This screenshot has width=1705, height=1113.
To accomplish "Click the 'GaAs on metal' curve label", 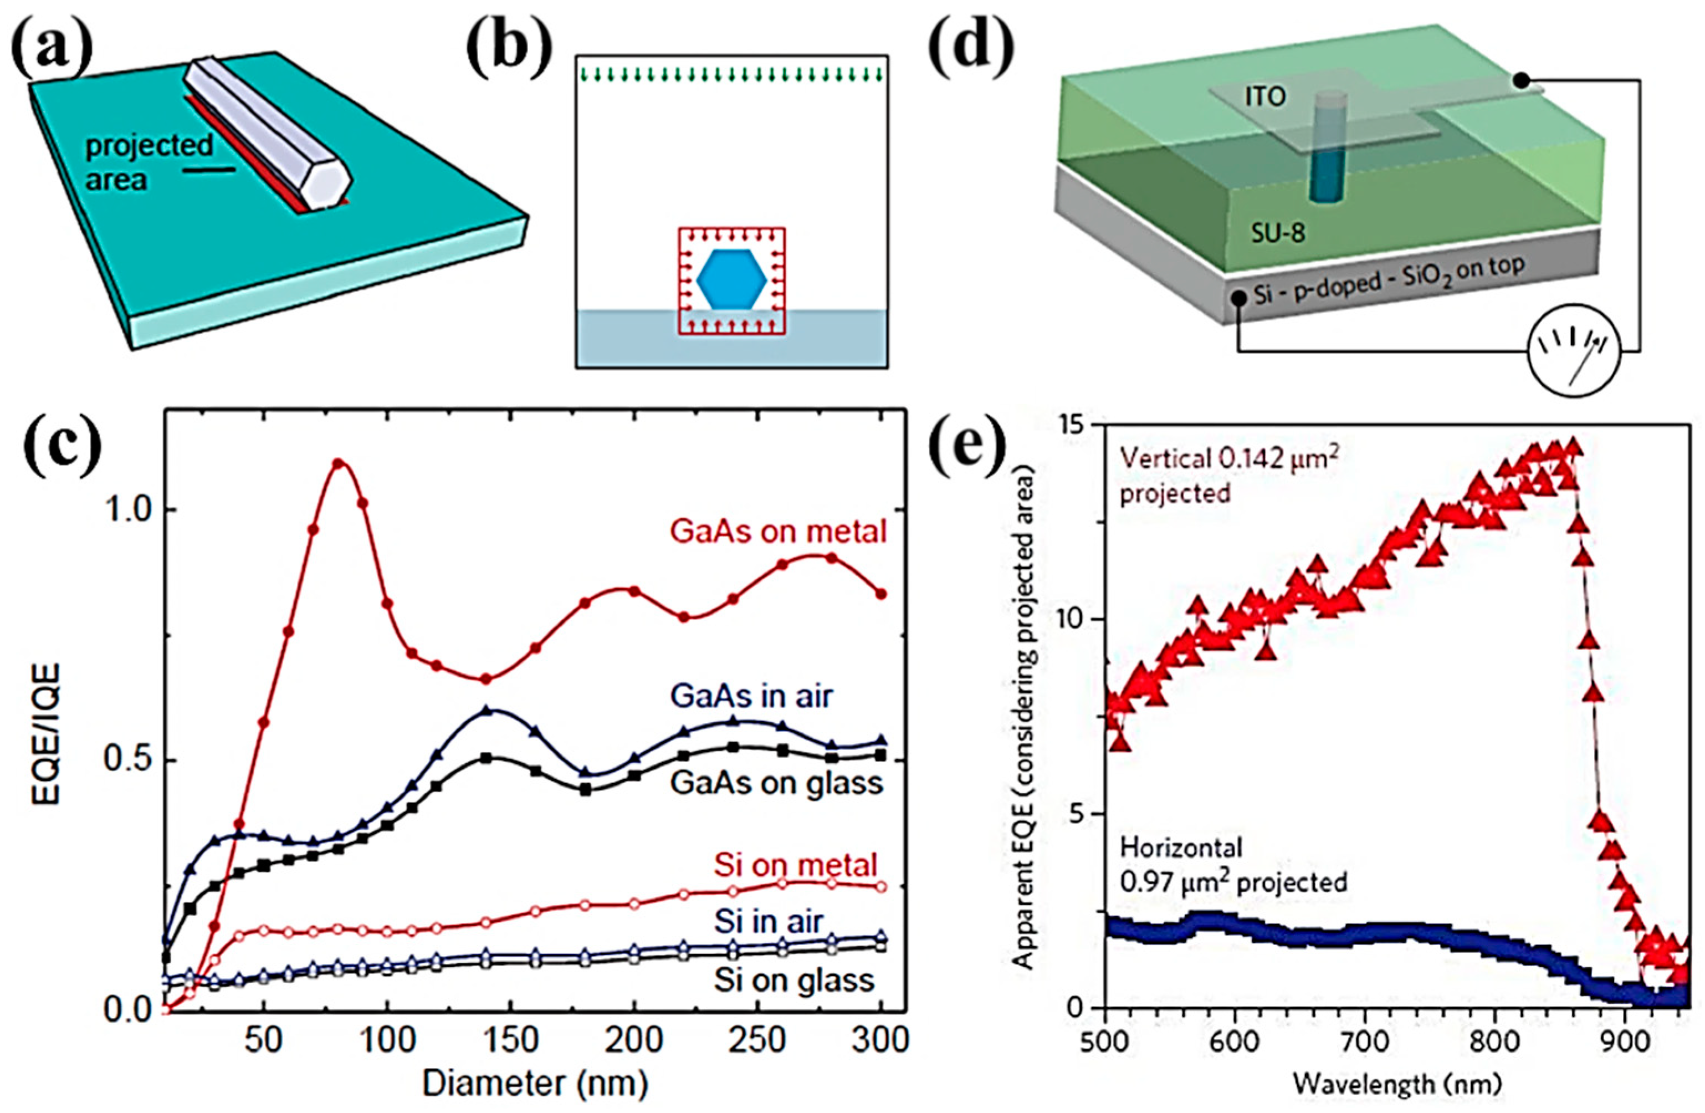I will (778, 532).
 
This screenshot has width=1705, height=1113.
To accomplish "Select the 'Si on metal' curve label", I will (796, 865).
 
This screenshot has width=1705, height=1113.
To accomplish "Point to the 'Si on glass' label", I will (793, 980).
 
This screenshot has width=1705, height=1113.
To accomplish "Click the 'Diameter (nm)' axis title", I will (535, 1083).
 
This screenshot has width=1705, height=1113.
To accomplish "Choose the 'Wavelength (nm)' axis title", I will (1396, 1084).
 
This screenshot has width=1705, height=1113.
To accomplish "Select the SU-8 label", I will (1278, 232).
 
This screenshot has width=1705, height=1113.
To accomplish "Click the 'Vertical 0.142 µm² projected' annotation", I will (1228, 474).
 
